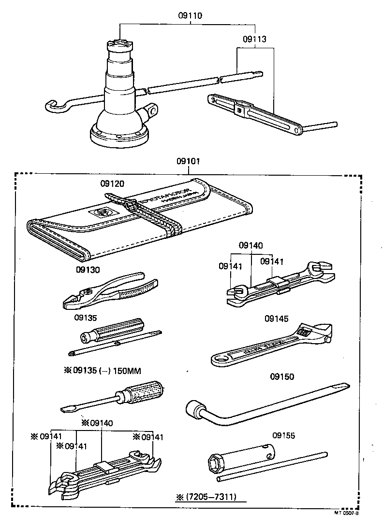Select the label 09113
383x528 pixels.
(254, 39)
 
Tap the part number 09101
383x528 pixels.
(189, 162)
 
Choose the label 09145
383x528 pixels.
(276, 319)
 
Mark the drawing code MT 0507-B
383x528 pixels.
(346, 513)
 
